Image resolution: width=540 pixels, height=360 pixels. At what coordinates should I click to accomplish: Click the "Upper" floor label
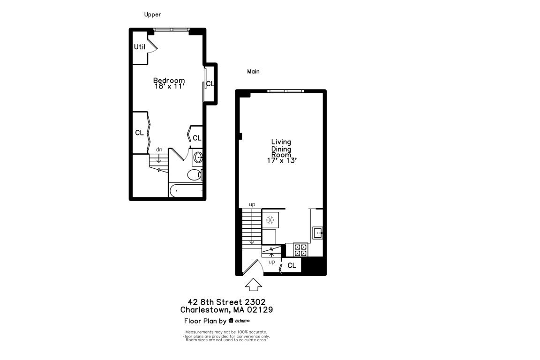click(152, 15)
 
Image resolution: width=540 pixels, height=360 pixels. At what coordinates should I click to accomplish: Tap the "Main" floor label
click(253, 72)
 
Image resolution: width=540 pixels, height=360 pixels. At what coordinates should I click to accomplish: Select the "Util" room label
click(139, 47)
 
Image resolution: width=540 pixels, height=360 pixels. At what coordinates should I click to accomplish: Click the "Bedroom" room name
click(169, 80)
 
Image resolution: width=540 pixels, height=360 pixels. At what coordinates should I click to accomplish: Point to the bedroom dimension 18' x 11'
click(169, 86)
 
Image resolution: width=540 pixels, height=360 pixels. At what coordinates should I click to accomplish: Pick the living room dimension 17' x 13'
click(281, 160)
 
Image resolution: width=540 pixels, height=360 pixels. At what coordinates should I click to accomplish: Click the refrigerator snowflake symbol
click(270, 220)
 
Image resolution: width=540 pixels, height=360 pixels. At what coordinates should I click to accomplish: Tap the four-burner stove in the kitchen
click(300, 249)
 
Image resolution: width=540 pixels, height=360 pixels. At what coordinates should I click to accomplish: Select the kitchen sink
click(318, 232)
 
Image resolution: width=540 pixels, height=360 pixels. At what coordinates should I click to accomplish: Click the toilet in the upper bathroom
click(194, 175)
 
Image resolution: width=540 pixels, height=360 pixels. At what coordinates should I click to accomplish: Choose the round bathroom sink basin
click(198, 157)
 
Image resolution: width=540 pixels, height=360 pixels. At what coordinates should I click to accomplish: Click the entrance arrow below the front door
click(254, 284)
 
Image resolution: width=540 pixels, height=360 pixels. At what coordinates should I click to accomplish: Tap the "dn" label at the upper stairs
click(159, 150)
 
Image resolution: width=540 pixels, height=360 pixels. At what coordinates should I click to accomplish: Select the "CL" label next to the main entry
click(292, 266)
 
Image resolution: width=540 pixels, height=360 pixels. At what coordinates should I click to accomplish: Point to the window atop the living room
click(285, 91)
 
